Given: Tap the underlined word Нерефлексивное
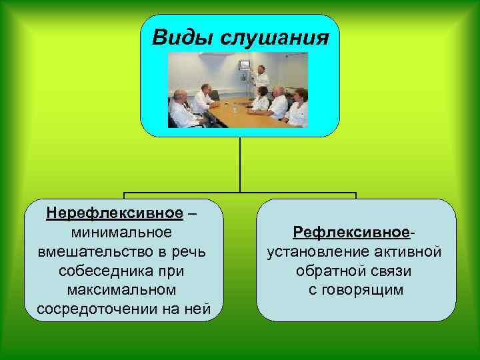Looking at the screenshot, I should point(114,213).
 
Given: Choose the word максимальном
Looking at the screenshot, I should point(122,291).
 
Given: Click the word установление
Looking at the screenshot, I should point(310,252).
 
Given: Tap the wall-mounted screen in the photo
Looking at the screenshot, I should point(245,65).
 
